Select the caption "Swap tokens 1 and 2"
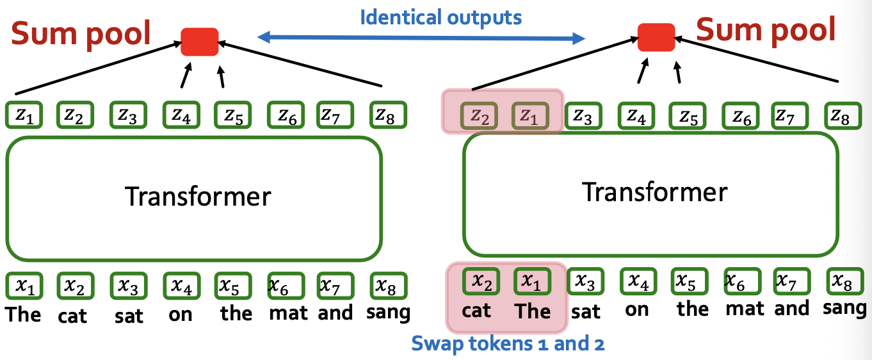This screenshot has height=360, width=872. click(x=508, y=344)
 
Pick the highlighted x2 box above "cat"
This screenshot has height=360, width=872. click(x=479, y=281)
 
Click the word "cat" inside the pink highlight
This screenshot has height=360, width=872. click(x=476, y=311)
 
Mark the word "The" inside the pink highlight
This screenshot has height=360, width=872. click(x=532, y=311)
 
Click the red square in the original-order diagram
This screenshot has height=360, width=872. click(x=200, y=42)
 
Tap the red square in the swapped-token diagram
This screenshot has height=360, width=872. click(x=656, y=37)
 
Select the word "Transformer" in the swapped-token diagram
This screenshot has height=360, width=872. click(x=654, y=192)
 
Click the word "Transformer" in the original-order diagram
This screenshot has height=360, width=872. click(x=198, y=195)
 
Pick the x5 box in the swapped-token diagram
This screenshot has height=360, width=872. click(x=688, y=281)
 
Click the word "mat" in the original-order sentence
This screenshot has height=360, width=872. click(x=288, y=313)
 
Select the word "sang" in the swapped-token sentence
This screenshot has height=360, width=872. click(x=844, y=308)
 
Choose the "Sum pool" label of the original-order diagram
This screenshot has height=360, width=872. click(x=80, y=33)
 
